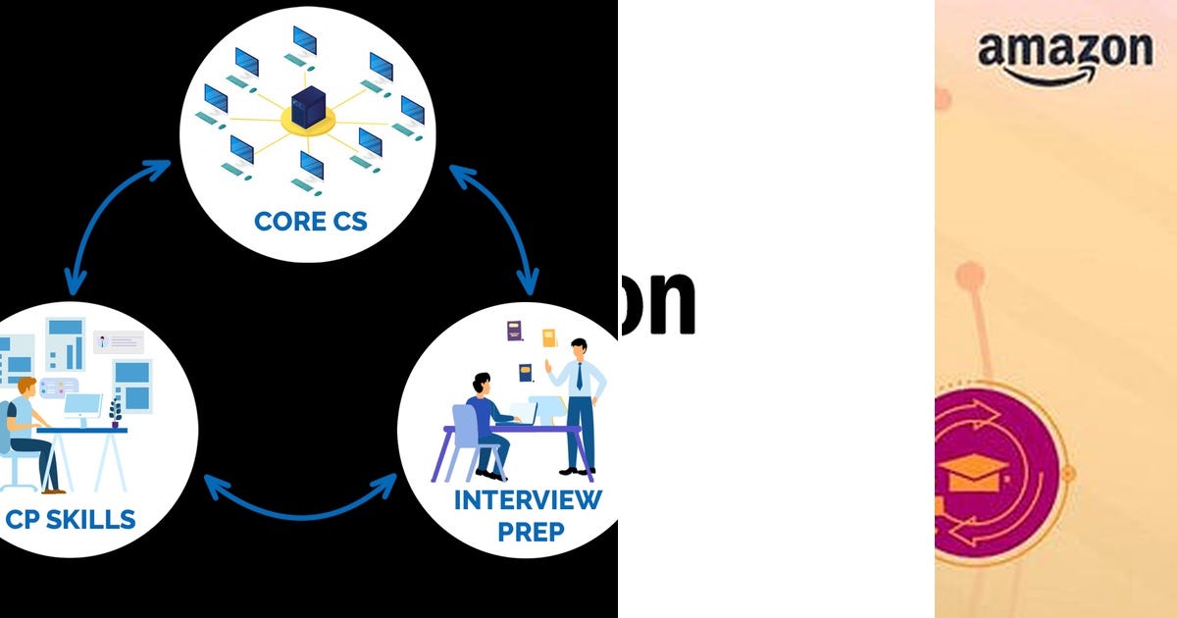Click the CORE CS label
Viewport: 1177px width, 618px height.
pyautogui.click(x=310, y=221)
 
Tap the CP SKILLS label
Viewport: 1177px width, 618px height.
pyautogui.click(x=70, y=519)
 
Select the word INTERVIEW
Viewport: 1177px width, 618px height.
pyautogui.click(x=528, y=500)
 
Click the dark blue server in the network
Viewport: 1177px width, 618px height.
pyautogui.click(x=308, y=106)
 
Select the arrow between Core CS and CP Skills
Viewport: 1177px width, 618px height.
pyautogui.click(x=108, y=221)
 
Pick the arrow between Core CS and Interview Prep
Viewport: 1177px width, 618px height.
pyautogui.click(x=498, y=226)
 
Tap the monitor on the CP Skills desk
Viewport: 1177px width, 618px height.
pyautogui.click(x=83, y=405)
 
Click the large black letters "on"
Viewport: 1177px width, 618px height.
pyautogui.click(x=657, y=302)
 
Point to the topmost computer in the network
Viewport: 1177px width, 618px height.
pyautogui.click(x=304, y=42)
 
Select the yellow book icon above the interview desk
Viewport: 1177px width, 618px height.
pyautogui.click(x=549, y=337)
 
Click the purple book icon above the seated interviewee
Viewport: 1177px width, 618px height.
pyautogui.click(x=515, y=331)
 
